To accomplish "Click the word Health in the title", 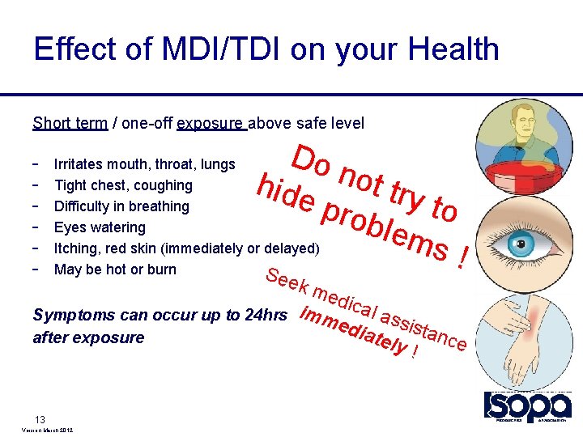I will (453, 49).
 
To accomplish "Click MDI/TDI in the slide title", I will (203, 49).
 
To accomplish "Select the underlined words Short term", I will (70, 123).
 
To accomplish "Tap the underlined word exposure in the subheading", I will (210, 123).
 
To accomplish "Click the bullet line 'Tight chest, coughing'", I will (123, 185).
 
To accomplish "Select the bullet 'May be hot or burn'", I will (115, 269).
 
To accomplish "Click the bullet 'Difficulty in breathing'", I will (121, 206).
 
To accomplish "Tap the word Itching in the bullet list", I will (76, 248).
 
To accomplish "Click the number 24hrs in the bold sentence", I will (264, 315).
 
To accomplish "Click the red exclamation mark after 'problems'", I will (463, 258).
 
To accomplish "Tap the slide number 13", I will (40, 418).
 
